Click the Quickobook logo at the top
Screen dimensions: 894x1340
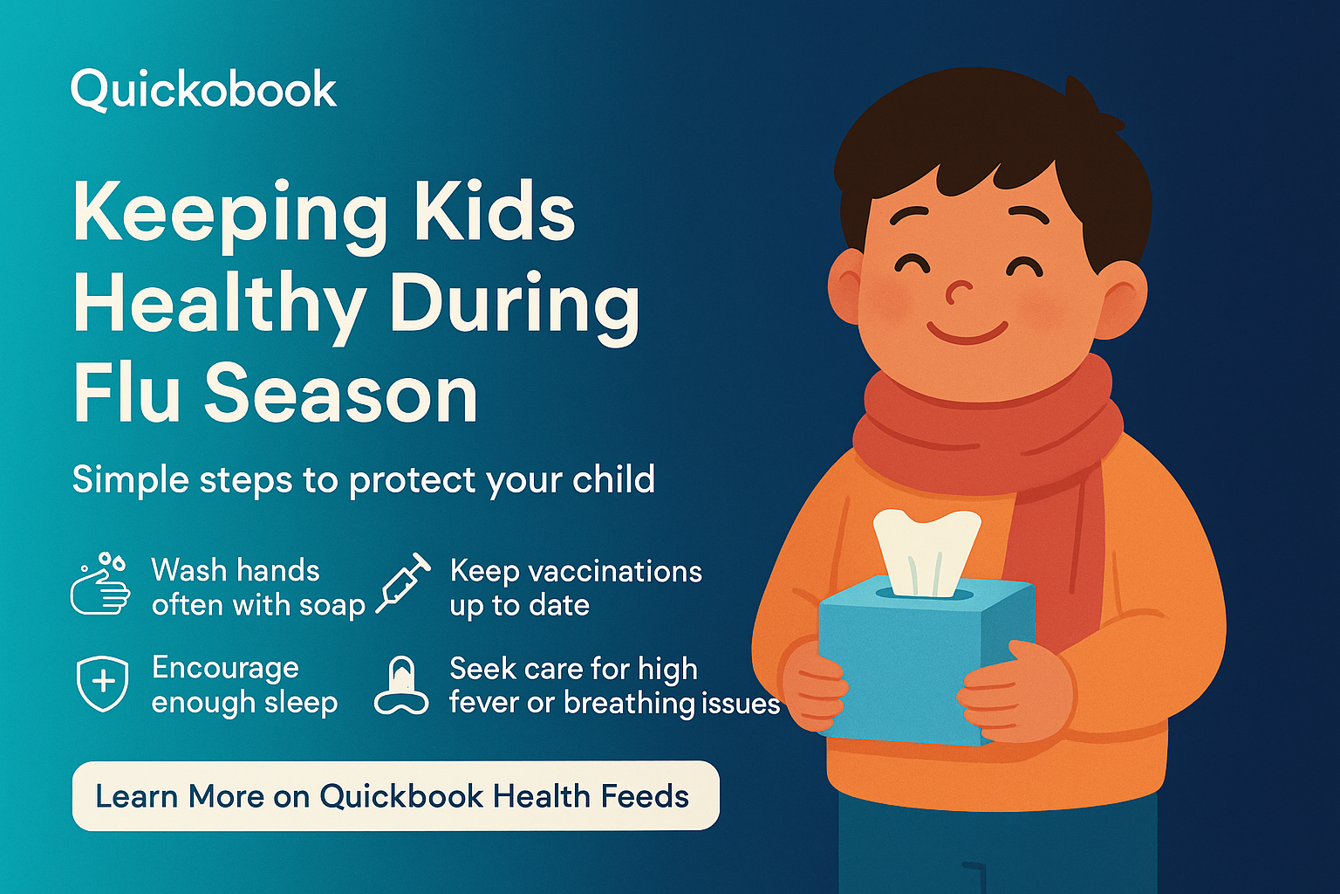click(x=203, y=90)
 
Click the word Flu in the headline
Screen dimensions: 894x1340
click(x=127, y=394)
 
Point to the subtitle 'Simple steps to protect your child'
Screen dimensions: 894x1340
click(x=363, y=480)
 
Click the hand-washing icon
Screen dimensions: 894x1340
click(x=100, y=585)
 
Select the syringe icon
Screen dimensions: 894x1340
click(x=403, y=583)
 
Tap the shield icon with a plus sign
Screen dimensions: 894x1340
click(x=103, y=684)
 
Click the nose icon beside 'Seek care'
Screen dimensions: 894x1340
click(x=401, y=686)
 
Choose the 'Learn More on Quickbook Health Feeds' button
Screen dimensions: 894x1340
click(x=395, y=795)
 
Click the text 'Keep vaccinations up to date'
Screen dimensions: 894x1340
click(x=575, y=588)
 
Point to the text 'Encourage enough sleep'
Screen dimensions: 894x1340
click(x=244, y=684)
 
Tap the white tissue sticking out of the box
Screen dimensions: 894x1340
click(x=926, y=550)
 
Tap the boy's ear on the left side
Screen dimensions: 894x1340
click(x=845, y=286)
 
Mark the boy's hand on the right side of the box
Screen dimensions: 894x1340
click(x=1016, y=694)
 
